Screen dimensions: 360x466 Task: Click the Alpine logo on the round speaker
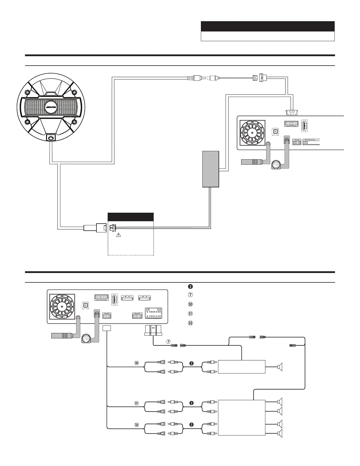point(51,107)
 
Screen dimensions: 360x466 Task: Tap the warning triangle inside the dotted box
point(118,235)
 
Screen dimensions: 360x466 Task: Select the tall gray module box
point(211,169)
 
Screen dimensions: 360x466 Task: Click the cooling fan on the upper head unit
point(252,133)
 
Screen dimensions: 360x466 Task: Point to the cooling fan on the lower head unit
point(62,307)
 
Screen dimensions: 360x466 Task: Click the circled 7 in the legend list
point(190,295)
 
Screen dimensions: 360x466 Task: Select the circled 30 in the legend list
point(190,304)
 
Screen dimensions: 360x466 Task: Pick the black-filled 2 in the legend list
point(190,287)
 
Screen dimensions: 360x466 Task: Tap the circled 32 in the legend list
point(190,323)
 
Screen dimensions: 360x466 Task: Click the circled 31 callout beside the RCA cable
point(136,403)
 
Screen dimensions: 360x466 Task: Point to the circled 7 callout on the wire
point(169,342)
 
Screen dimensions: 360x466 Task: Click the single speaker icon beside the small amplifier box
point(280,367)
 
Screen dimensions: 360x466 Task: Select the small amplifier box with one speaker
point(242,367)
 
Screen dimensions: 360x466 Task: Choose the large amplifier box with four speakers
point(242,417)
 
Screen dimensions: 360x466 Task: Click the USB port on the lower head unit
point(115,299)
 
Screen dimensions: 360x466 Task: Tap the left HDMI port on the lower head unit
point(127,298)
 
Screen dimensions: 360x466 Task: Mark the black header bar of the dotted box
point(131,217)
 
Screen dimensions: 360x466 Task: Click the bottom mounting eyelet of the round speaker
point(51,138)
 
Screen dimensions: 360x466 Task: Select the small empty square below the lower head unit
point(107,328)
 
